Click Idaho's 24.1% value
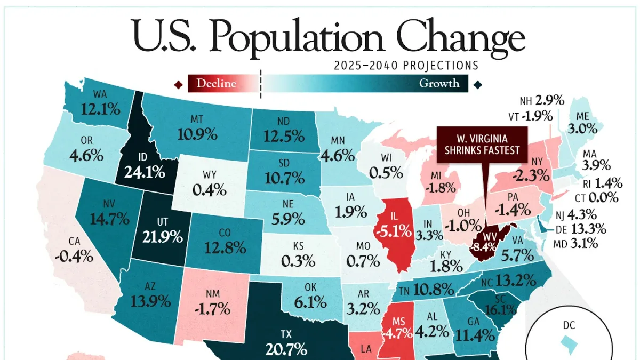point(145,172)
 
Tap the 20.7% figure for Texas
point(286,349)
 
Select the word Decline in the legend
point(217,83)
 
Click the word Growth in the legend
point(439,83)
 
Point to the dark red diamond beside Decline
point(179,85)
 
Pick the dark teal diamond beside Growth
point(478,85)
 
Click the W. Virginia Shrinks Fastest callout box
point(482,145)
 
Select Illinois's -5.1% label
point(394,231)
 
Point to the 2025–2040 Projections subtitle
point(406,66)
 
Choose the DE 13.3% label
point(581,229)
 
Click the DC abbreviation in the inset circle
point(569,325)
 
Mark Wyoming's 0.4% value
point(210,190)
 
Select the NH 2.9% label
point(542,101)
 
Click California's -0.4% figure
point(74,257)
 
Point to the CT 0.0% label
point(597,198)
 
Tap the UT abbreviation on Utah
point(162,222)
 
